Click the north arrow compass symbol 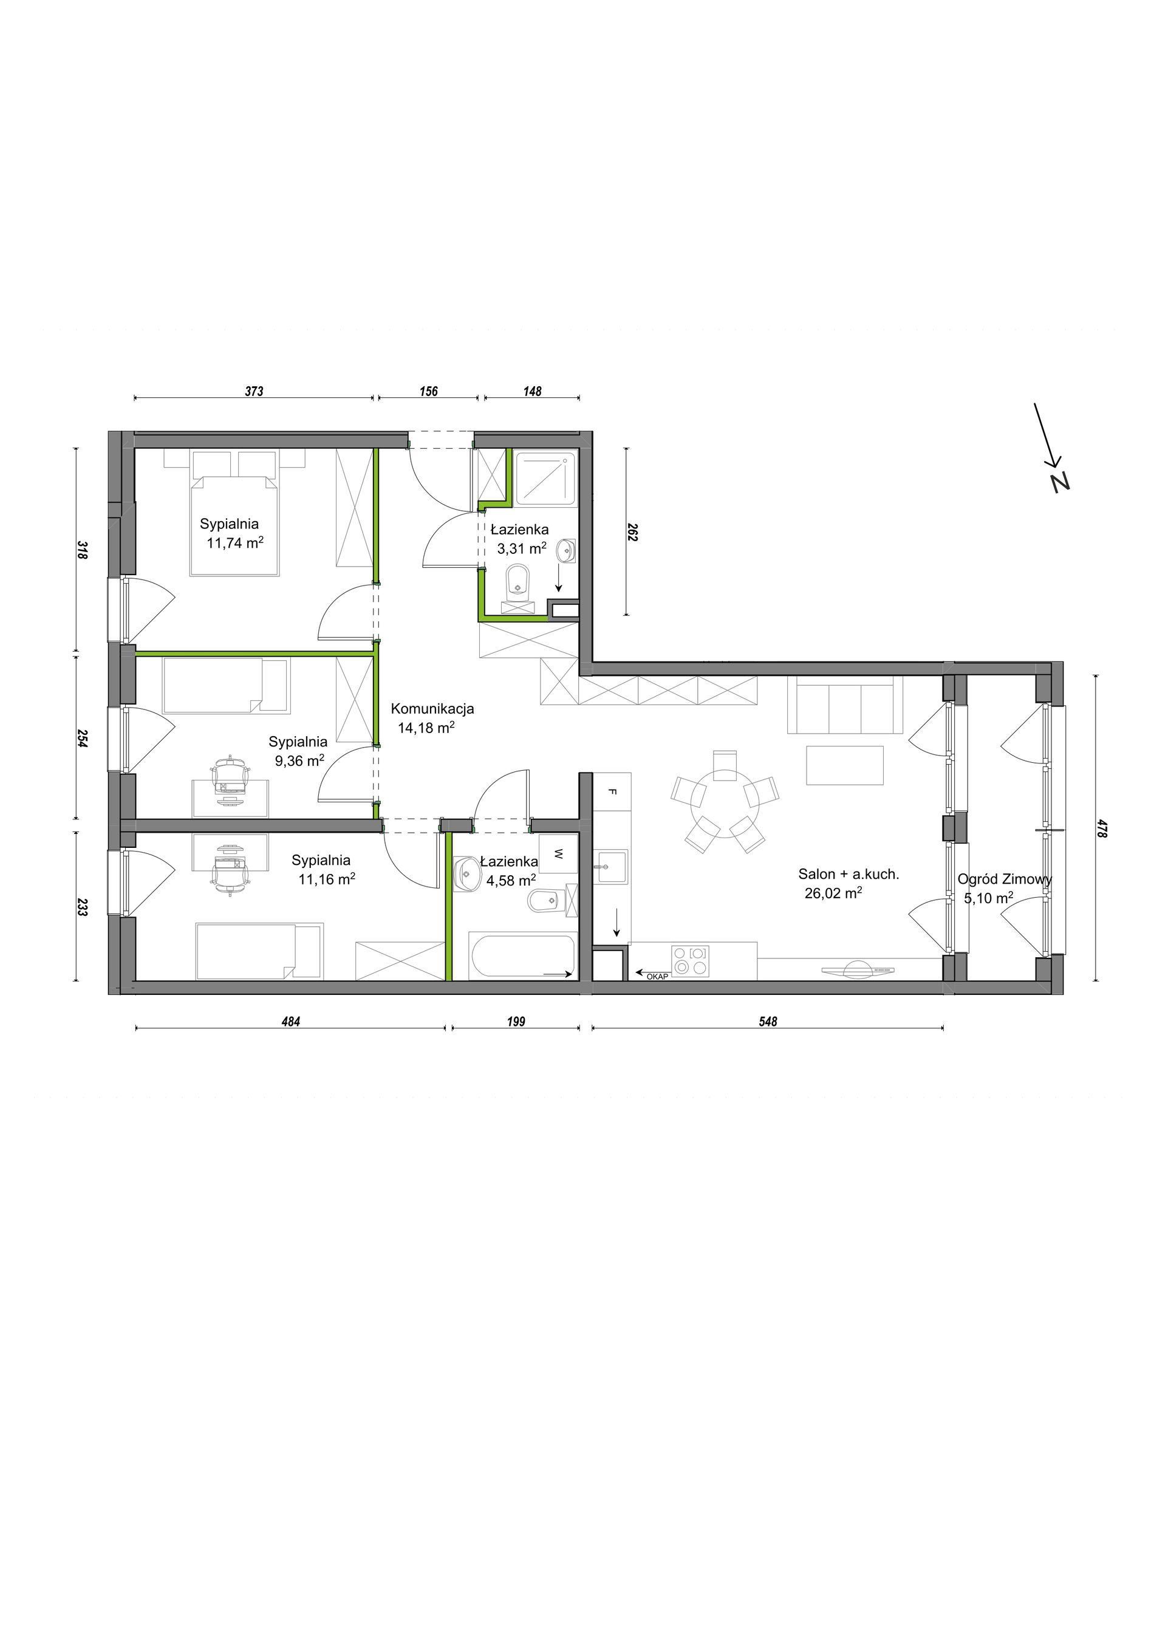coord(1052,448)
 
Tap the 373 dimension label coord(254,391)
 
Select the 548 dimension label coord(768,1022)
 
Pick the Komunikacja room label coord(432,709)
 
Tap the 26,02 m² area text coord(833,893)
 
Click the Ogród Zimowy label coord(1005,879)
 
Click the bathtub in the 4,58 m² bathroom coord(522,957)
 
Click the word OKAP coord(657,977)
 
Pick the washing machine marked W coord(559,855)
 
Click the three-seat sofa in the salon coord(844,705)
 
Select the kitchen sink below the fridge coord(611,867)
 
